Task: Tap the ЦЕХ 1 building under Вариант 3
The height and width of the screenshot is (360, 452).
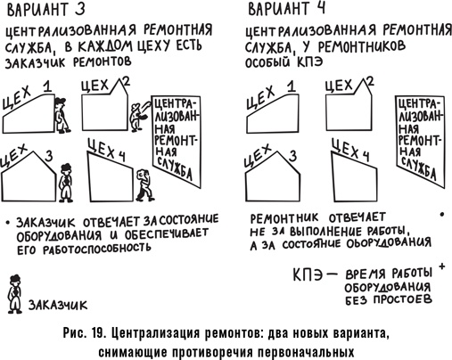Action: [27, 112]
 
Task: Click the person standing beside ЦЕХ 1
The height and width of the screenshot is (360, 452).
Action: [60, 114]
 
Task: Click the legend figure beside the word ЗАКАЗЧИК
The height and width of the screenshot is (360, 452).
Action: [13, 290]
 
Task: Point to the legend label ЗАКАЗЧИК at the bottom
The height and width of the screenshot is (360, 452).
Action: [60, 304]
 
